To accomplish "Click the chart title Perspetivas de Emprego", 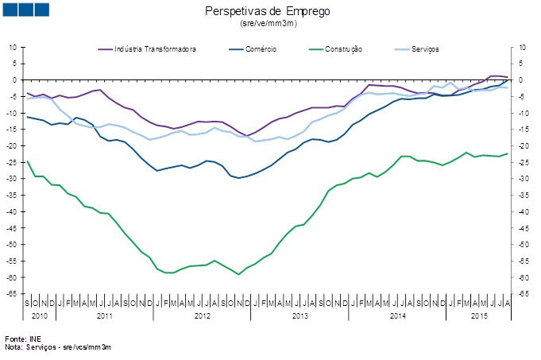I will click(267, 12).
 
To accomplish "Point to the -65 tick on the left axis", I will click(14, 294).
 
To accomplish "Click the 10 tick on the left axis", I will click(14, 47).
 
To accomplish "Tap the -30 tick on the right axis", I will click(524, 179).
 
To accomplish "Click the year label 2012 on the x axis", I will click(202, 316).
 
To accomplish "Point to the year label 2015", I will click(478, 316).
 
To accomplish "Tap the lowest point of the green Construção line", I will click(238, 274).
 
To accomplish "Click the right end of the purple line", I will click(507, 77).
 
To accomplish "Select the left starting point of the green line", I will click(28, 161).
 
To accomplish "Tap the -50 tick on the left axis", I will click(14, 245).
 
